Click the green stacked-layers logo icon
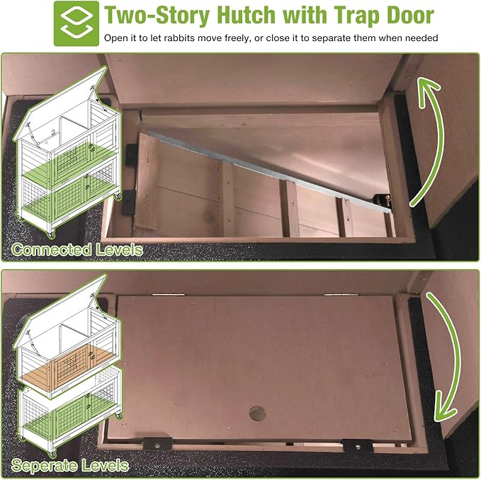(77, 23)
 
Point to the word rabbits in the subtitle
(179, 38)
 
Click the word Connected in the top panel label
(51, 249)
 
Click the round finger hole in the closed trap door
(257, 413)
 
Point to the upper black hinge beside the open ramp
(131, 154)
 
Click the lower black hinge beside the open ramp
(128, 202)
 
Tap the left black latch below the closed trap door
(158, 445)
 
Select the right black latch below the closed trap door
(357, 446)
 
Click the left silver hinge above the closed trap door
(169, 295)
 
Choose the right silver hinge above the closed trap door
(341, 295)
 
